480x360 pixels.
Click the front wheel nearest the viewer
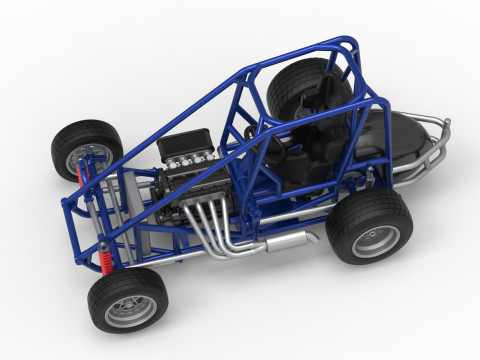pyautogui.click(x=126, y=298)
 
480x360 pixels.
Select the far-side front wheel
pyautogui.click(x=83, y=147)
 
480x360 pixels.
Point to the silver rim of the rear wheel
pyautogui.click(x=377, y=241)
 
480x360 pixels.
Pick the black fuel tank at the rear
pyautogui.click(x=400, y=135)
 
